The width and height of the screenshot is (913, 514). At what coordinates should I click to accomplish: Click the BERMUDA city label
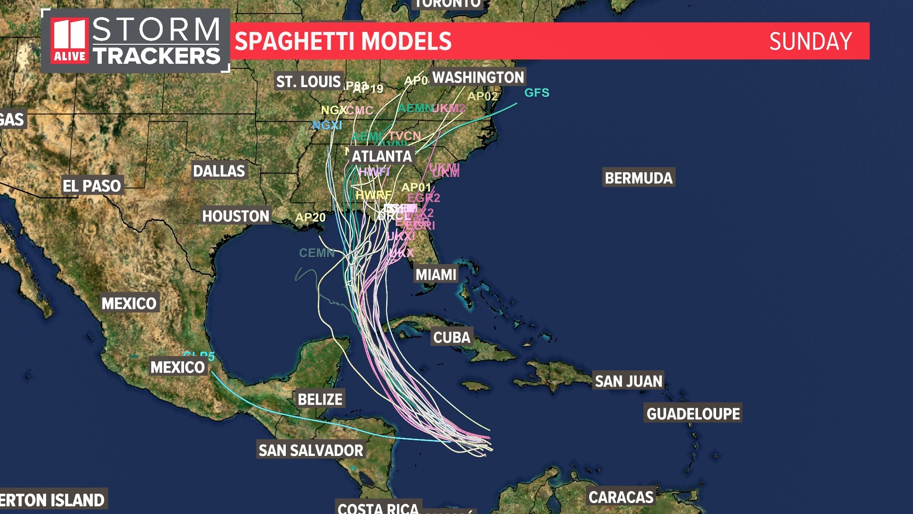coord(639,178)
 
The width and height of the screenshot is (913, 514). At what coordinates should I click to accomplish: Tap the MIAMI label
coord(436,275)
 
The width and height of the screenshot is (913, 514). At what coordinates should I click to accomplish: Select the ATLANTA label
coord(381,156)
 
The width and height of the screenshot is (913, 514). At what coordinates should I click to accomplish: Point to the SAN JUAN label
coord(628,381)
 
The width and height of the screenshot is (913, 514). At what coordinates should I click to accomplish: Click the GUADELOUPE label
coord(693,414)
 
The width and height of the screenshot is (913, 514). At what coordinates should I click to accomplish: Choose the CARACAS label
coord(621,497)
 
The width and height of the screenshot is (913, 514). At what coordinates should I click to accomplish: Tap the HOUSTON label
coord(235,216)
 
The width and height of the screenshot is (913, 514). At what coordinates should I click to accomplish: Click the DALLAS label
coord(219,171)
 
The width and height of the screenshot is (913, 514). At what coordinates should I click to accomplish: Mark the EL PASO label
coord(92,186)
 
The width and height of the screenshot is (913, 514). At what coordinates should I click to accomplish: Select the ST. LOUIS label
coord(309,82)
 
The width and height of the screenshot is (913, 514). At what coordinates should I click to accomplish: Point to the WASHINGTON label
coord(477,77)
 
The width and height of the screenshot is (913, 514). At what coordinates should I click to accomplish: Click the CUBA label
coord(451,337)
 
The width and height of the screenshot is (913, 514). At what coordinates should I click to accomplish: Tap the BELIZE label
coord(320,399)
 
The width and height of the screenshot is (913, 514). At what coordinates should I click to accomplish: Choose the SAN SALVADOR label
coord(311,450)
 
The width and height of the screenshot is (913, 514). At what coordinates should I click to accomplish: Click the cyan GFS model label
coord(536,93)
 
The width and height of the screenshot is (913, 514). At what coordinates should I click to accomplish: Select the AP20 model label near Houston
coord(310,217)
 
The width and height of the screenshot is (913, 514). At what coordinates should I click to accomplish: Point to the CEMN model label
coord(316,253)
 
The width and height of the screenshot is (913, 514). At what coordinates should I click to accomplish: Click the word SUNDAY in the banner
coord(810,41)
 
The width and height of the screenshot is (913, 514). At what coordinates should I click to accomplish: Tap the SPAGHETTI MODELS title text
coord(343,41)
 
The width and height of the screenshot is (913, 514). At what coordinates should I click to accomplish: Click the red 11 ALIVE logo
coord(70,41)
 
